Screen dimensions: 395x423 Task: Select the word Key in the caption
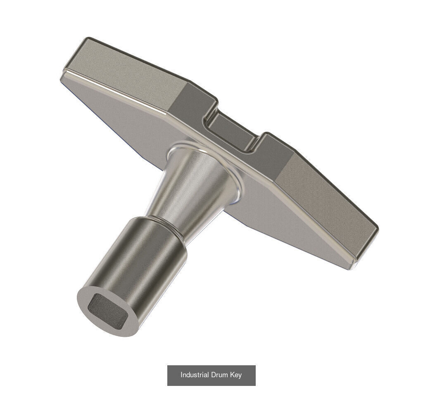click(236, 375)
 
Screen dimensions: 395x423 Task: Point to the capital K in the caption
click(233, 375)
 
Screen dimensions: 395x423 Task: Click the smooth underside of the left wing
click(124, 120)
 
